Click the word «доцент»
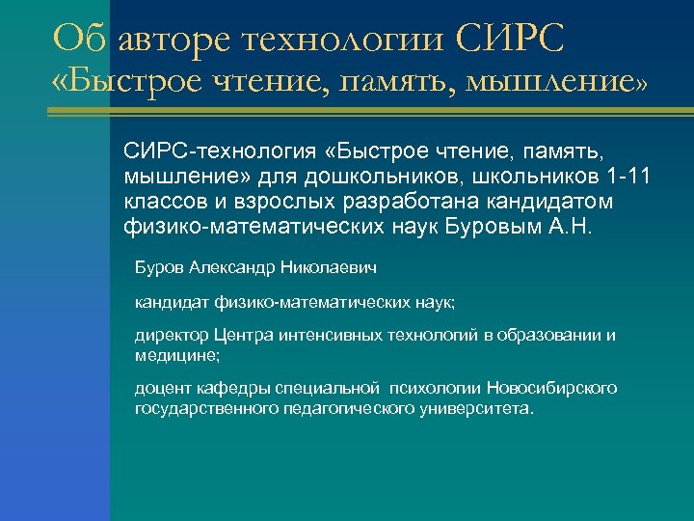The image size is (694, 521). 161,389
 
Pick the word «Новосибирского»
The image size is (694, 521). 552,389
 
